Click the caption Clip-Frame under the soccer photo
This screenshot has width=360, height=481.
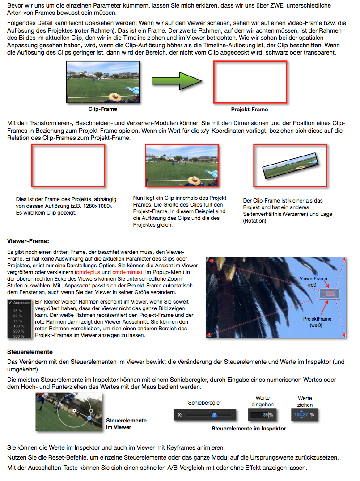pos(103,109)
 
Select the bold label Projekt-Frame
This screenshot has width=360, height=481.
pos(250,109)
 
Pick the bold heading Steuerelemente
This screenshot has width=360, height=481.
pos(30,352)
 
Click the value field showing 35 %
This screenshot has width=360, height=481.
pos(261,415)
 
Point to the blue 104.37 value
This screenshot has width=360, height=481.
pos(301,415)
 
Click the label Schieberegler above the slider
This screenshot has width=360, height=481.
pos(205,403)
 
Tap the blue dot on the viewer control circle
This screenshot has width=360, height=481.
pos(89,418)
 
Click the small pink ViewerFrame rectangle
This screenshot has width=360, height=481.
pos(330,293)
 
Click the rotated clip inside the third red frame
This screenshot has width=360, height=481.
pos(290,165)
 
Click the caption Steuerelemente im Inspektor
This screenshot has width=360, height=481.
pos(249,429)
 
